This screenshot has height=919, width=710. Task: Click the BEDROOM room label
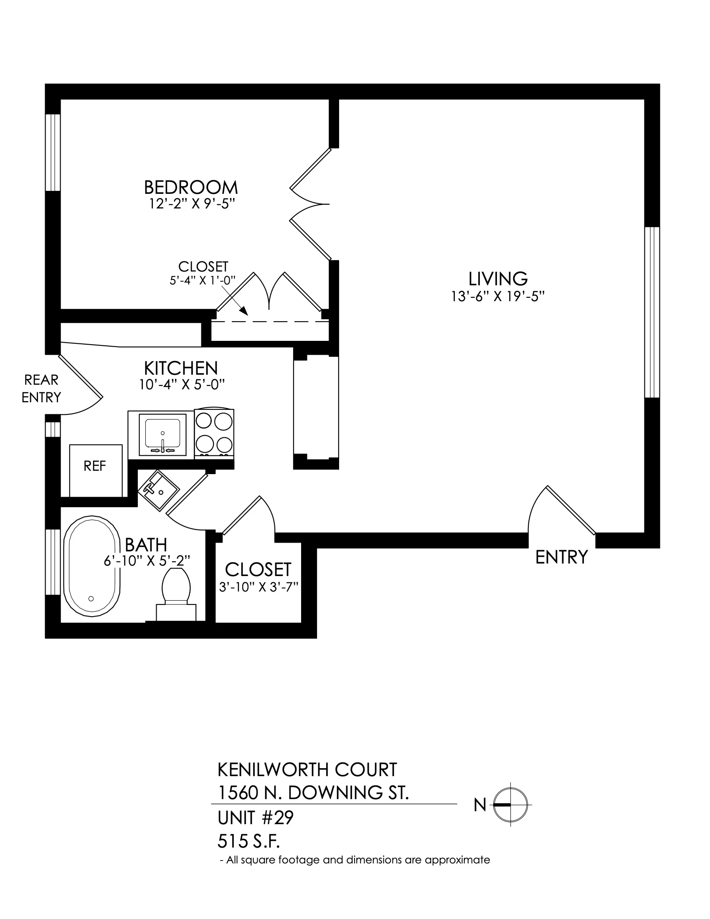tap(191, 187)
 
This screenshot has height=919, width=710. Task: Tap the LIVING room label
tap(498, 279)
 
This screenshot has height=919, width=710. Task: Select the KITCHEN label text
tap(181, 368)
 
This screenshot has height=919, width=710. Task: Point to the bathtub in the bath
tap(92, 568)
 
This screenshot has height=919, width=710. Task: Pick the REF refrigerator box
tap(96, 470)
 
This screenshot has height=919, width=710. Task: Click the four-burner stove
tap(214, 433)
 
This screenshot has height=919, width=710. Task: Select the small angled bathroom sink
tap(159, 490)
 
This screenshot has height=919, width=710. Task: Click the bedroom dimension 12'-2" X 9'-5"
tap(191, 204)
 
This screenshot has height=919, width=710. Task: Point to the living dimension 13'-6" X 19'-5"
tap(498, 297)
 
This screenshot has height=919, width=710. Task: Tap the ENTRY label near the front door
tap(561, 557)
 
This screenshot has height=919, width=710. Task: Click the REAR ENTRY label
tap(41, 389)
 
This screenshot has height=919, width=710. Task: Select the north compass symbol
tap(510, 805)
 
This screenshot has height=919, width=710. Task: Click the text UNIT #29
tap(255, 818)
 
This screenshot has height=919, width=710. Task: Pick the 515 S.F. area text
tap(248, 842)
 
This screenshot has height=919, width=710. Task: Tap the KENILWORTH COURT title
tap(307, 769)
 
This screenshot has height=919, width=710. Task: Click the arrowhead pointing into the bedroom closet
tap(243, 311)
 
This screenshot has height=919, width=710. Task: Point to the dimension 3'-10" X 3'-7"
tap(258, 587)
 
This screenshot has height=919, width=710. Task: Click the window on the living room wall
tap(652, 312)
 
